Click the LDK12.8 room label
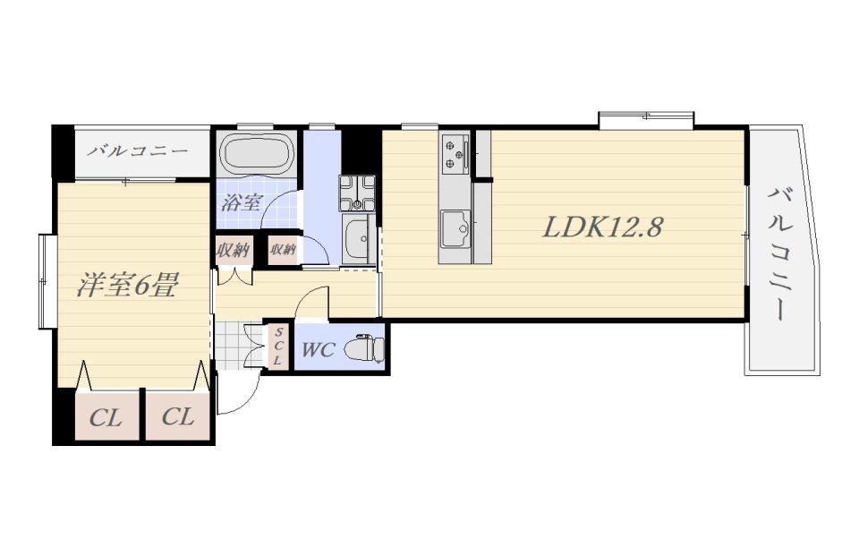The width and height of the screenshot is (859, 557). pyautogui.click(x=602, y=227)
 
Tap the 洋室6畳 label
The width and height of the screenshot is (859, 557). pyautogui.click(x=126, y=285)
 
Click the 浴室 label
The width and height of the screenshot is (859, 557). pyautogui.click(x=241, y=203)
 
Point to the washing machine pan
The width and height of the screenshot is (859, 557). pyautogui.click(x=357, y=193)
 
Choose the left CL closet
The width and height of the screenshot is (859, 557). pyautogui.click(x=106, y=417)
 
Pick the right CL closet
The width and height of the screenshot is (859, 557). pyautogui.click(x=178, y=417)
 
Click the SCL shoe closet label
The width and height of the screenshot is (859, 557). pyautogui.click(x=278, y=347)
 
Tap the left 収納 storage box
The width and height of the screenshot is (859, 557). pyautogui.click(x=234, y=251)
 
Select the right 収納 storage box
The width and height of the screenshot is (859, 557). pyautogui.click(x=283, y=250)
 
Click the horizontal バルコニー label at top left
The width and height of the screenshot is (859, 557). pyautogui.click(x=139, y=150)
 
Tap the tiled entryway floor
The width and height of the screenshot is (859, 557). pyautogui.click(x=230, y=347)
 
